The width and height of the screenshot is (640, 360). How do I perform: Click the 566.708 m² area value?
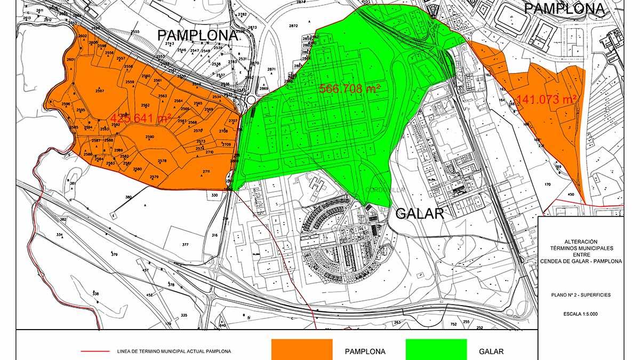[x=349, y=89]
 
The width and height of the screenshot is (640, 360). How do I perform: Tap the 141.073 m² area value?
[x=547, y=99]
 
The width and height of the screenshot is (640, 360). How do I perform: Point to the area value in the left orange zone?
[x=141, y=118]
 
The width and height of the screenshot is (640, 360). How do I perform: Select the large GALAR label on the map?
[x=420, y=214]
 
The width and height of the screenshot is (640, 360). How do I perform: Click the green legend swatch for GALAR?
[x=436, y=349]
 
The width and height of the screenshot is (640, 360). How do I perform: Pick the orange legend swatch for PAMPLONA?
[x=302, y=349]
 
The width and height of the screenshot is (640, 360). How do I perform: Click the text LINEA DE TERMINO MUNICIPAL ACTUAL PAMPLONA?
[x=174, y=351]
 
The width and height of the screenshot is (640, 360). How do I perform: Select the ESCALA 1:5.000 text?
[x=580, y=314]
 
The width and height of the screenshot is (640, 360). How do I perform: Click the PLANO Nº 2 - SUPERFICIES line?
[x=581, y=295]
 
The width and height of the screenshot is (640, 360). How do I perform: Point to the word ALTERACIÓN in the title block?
[x=580, y=242]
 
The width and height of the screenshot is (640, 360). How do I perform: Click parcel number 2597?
[x=99, y=91]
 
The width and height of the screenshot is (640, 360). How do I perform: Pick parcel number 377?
[x=185, y=245]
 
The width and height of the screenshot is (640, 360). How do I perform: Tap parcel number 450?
[x=571, y=195]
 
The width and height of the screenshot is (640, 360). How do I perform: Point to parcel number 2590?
[x=149, y=137]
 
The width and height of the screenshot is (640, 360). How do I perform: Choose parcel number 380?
[x=128, y=197]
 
